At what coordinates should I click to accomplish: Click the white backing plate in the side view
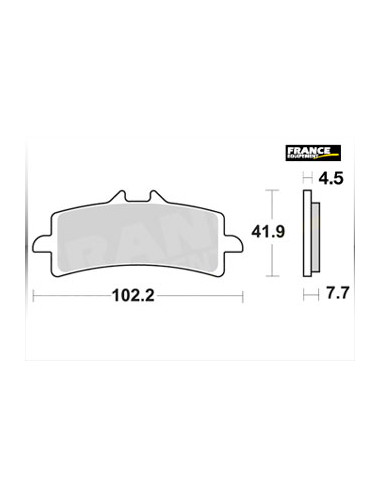308,232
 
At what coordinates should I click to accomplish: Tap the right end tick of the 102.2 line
242,295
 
